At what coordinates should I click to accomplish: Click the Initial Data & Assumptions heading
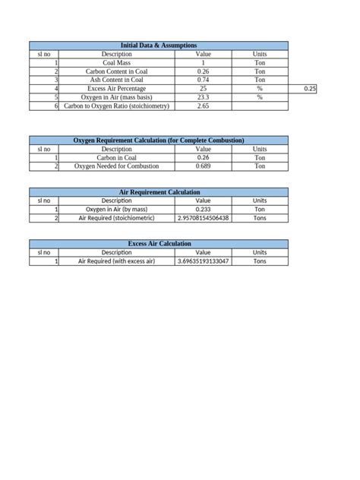pyautogui.click(x=159, y=46)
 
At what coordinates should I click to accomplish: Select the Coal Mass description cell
pyautogui.click(x=116, y=63)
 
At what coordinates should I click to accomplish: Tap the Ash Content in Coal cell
pyautogui.click(x=116, y=80)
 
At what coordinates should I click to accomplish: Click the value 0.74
pyautogui.click(x=203, y=80)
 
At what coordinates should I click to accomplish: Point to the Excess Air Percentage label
pyautogui.click(x=116, y=89)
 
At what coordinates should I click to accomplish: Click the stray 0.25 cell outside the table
pyautogui.click(x=309, y=89)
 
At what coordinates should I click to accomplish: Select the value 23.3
pyautogui.click(x=203, y=97)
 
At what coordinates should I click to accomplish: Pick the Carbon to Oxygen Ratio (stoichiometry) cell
pyautogui.click(x=116, y=106)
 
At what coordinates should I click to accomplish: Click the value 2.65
pyautogui.click(x=203, y=106)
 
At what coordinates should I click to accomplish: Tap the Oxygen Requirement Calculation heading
pyautogui.click(x=159, y=141)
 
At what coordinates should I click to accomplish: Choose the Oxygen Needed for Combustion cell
pyautogui.click(x=116, y=166)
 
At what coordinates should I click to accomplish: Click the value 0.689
pyautogui.click(x=203, y=166)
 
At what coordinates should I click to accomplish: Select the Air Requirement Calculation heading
pyautogui.click(x=159, y=192)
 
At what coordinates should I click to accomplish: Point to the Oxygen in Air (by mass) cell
pyautogui.click(x=116, y=209)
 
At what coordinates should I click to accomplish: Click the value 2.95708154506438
pyautogui.click(x=203, y=218)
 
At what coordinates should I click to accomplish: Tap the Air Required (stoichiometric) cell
pyautogui.click(x=116, y=218)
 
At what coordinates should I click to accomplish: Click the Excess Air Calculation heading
pyautogui.click(x=159, y=244)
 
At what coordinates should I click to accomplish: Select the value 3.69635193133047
pyautogui.click(x=203, y=261)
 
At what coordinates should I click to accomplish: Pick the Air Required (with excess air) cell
pyautogui.click(x=116, y=261)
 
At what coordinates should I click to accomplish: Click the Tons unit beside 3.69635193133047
pyautogui.click(x=260, y=261)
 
